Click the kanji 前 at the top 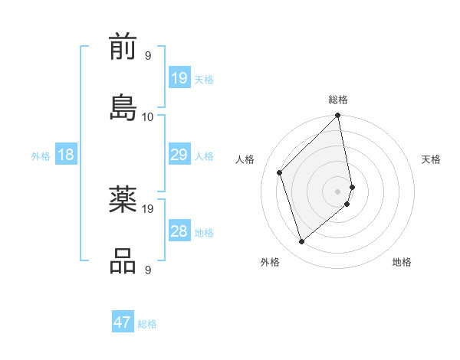tap(123, 48)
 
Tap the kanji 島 tap(123, 107)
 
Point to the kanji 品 tap(123, 260)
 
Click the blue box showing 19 tap(179, 77)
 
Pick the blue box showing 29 tap(179, 155)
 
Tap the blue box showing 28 tap(179, 231)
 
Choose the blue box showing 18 tap(66, 155)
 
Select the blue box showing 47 tap(123, 322)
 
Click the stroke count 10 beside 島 tap(148, 116)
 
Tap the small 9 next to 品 tap(147, 270)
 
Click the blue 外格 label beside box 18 tap(41, 156)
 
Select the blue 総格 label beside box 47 tap(147, 324)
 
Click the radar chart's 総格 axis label tap(338, 100)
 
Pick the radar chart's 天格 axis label tap(431, 159)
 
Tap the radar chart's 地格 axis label tap(402, 262)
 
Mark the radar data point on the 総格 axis tap(338, 116)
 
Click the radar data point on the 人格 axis tap(280, 172)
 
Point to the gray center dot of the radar tap(338, 191)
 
